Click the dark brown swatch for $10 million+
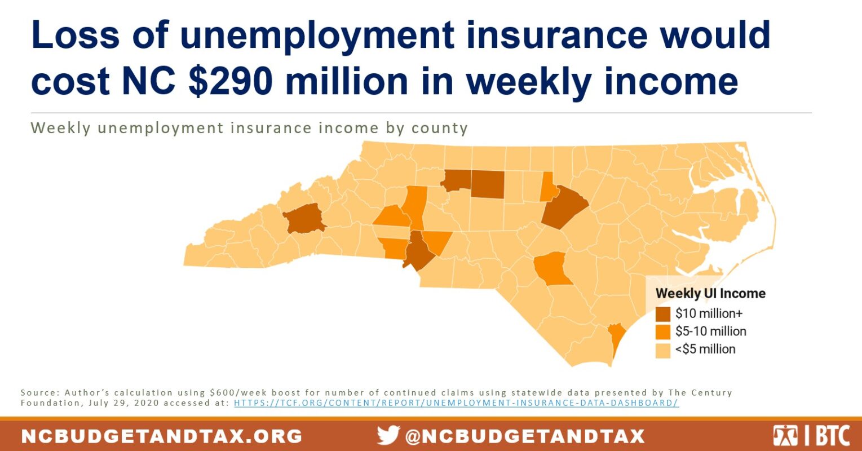tap(664, 314)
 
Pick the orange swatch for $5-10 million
tap(664, 331)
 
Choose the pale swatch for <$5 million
tap(664, 350)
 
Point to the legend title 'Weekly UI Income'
tap(710, 294)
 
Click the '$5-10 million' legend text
tap(710, 331)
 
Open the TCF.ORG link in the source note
tap(456, 403)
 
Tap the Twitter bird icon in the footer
tap(388, 436)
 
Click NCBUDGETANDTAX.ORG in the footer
tap(162, 436)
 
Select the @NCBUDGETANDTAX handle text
tap(524, 436)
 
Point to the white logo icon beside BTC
tap(785, 436)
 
